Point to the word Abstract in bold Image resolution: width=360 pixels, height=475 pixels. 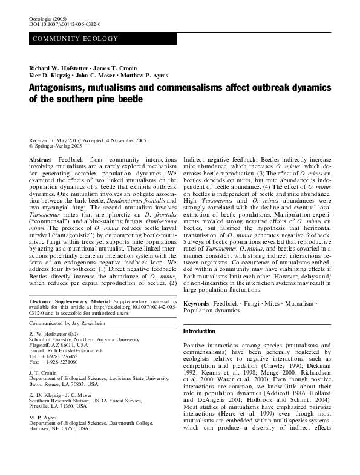tap(39, 158)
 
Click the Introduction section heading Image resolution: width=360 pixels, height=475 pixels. tap(199, 332)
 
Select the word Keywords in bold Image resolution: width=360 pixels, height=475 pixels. tap(196, 303)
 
